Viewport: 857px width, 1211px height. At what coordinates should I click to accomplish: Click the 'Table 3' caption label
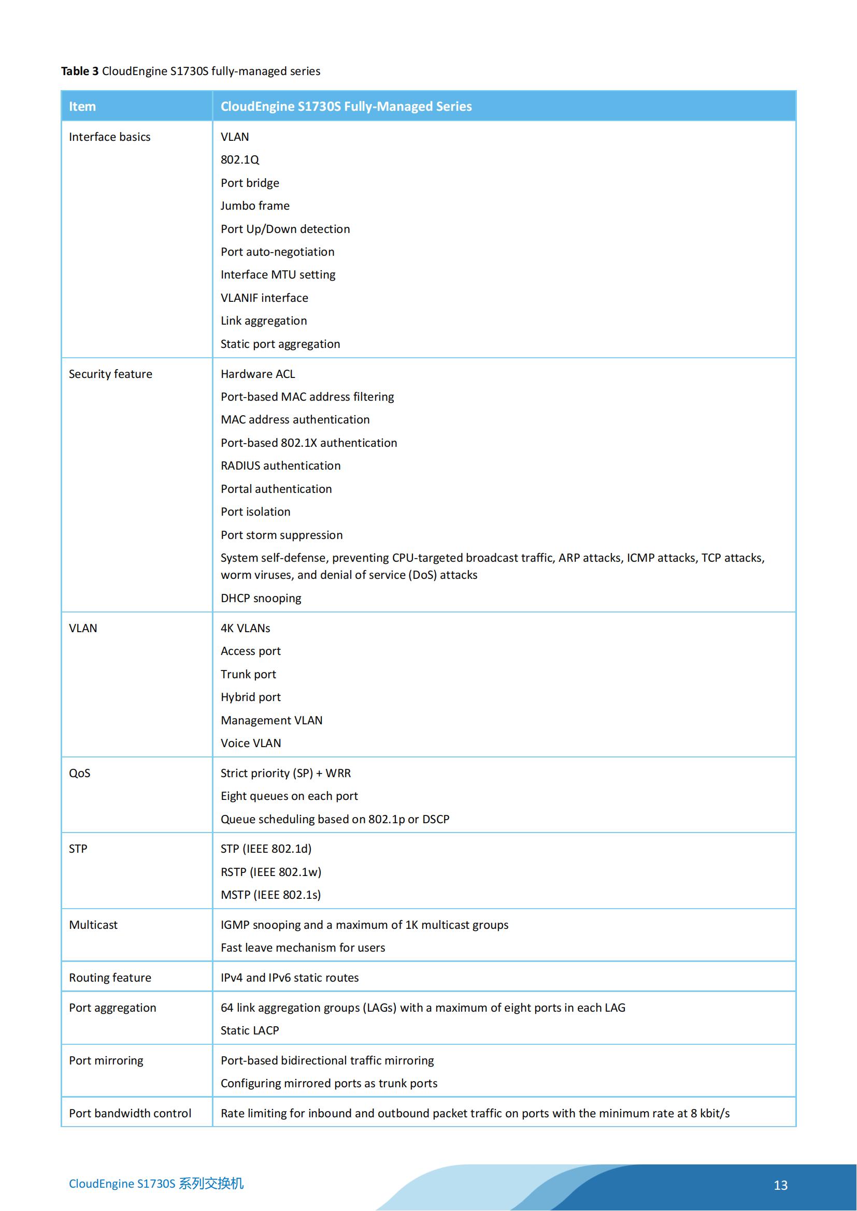80,71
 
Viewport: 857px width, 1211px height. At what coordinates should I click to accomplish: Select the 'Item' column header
82,107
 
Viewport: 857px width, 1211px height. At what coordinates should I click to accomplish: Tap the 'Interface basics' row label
109,137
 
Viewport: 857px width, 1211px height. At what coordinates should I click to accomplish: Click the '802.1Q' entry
239,160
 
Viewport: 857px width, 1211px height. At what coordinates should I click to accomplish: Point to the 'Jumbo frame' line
255,206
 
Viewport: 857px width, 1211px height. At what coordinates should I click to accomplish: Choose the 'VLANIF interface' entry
264,298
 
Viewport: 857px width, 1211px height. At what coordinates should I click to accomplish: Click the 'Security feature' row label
110,374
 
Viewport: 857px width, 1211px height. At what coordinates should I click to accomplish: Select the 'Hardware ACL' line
258,374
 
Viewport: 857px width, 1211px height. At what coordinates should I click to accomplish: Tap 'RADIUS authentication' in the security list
280,466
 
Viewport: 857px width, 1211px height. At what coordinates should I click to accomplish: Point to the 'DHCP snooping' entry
261,598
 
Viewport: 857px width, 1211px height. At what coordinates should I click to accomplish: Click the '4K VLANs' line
245,628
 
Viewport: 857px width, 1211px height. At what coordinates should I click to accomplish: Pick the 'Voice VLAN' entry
251,743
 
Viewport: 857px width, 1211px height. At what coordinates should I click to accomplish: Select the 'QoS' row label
80,773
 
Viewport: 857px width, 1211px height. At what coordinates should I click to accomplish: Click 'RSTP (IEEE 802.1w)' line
270,872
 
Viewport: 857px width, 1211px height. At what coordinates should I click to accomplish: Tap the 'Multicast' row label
93,925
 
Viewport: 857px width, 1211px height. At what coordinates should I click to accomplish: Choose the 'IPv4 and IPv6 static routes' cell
289,977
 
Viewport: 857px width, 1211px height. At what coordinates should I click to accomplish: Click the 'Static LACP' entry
250,1030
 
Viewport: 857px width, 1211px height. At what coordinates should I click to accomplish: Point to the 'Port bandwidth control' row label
130,1113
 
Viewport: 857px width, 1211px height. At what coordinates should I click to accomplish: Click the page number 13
780,1185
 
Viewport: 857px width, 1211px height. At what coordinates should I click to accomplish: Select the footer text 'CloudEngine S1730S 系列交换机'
156,1184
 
